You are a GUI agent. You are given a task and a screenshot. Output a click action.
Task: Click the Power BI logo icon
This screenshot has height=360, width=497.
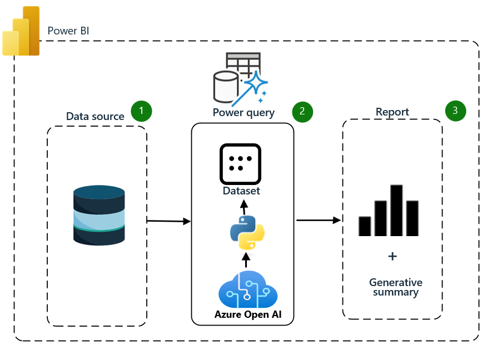21,32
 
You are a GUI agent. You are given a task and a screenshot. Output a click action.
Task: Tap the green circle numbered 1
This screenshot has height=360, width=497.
141,111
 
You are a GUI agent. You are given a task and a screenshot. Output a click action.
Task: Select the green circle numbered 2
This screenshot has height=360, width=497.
302,111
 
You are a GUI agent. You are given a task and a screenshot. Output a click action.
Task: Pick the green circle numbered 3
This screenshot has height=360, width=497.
455,111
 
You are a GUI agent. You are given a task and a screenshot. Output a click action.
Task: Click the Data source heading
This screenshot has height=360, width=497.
95,116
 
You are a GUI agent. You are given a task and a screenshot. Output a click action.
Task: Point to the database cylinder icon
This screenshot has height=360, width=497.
99,216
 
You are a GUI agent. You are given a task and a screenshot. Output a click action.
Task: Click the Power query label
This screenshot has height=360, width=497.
243,113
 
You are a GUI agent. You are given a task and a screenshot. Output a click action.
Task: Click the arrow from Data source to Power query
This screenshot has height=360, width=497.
168,221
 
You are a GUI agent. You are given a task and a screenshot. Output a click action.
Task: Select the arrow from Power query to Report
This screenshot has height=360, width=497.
318,221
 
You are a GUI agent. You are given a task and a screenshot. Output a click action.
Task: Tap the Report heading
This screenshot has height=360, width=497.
392,112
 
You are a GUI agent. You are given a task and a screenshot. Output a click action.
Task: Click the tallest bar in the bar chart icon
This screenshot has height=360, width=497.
396,210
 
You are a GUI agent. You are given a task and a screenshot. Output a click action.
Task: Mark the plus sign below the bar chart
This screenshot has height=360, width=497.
392,256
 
